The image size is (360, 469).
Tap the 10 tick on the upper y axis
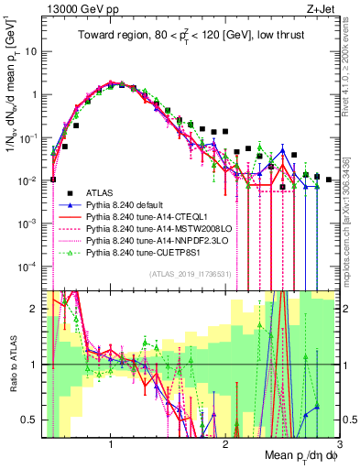point(31,51)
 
